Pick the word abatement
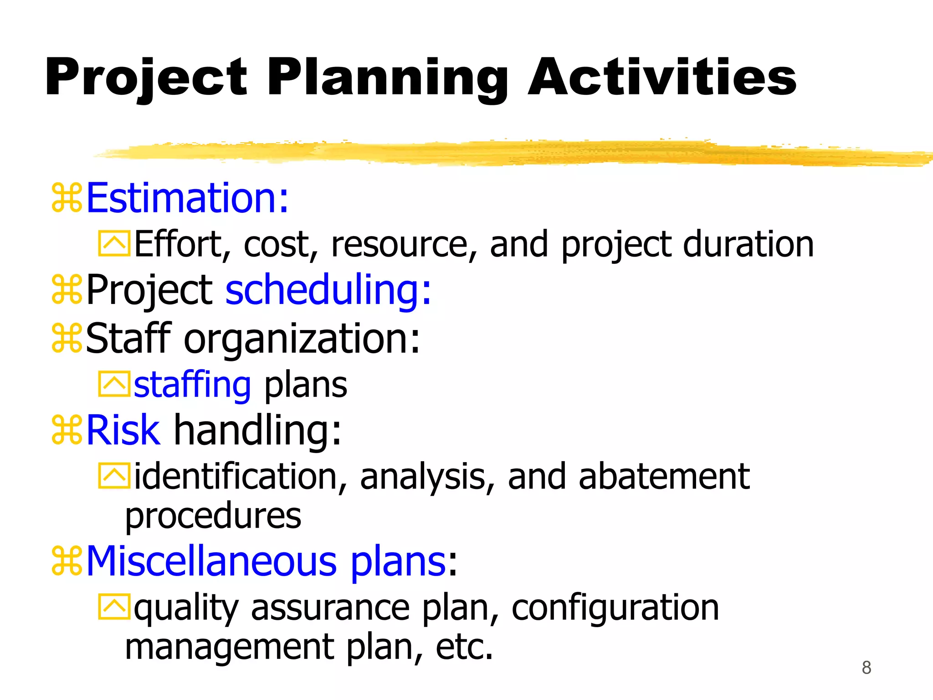(x=664, y=476)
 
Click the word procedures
(x=213, y=516)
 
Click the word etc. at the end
(x=464, y=647)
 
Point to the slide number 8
(x=866, y=668)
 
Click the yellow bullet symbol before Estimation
(x=67, y=198)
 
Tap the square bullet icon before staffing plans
(x=114, y=384)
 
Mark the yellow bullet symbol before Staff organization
(x=67, y=338)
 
